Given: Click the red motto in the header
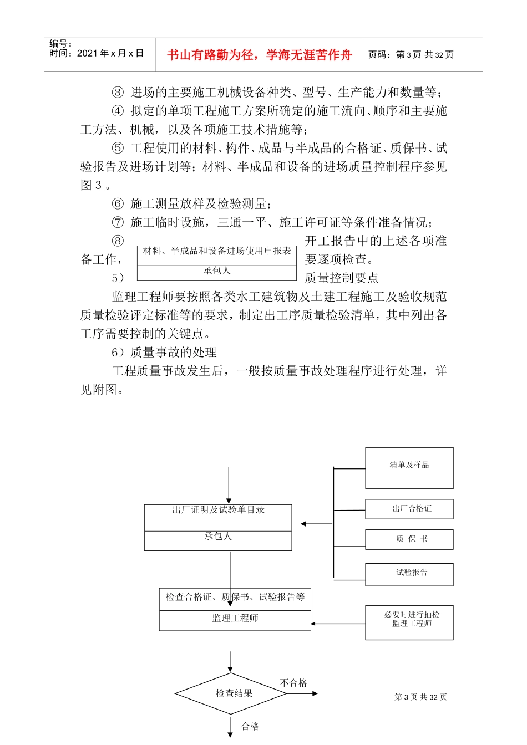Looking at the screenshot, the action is tap(259, 55).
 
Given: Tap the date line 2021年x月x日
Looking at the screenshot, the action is tap(97, 53).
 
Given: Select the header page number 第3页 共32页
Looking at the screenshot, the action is tap(411, 54).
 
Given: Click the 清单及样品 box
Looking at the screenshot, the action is tap(409, 468).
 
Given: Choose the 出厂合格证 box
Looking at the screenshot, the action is tap(409, 509).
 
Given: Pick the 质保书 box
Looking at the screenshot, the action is tap(409, 539).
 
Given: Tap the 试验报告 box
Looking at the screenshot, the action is tap(409, 574).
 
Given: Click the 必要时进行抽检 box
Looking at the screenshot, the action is tap(409, 622).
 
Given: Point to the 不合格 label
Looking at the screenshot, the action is tap(293, 683).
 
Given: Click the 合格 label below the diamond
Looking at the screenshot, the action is tap(250, 726).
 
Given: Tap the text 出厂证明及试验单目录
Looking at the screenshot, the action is tap(218, 510).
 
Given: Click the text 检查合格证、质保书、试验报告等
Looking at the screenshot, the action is tap(235, 597).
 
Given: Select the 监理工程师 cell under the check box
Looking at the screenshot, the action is tap(235, 619).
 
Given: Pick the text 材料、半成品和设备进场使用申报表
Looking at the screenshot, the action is tap(217, 251).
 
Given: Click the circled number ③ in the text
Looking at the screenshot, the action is tap(118, 93).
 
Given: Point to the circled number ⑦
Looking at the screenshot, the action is tap(118, 223).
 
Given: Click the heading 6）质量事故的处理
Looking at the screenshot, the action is tap(164, 353).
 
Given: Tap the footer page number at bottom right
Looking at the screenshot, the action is tap(420, 697).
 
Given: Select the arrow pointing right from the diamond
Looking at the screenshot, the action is tap(302, 693).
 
